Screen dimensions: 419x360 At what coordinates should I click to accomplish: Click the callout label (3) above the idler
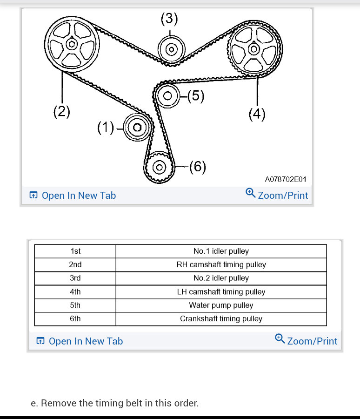click(x=169, y=19)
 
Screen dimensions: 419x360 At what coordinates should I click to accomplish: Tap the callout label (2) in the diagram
click(x=61, y=112)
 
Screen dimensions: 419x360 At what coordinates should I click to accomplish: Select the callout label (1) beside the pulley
click(x=106, y=127)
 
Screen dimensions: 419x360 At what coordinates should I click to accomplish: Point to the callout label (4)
click(x=257, y=114)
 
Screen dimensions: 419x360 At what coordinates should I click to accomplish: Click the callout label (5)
click(x=195, y=96)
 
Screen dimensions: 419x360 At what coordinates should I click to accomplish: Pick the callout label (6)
click(x=197, y=166)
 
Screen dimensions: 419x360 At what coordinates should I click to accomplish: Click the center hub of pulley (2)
click(x=72, y=44)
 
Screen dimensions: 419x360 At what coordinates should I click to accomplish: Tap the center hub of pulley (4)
click(x=253, y=48)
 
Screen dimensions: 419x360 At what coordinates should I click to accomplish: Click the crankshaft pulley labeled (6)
click(x=159, y=166)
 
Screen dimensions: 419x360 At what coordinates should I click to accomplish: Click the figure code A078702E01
click(x=286, y=179)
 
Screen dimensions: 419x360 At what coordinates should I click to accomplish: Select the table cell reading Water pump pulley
click(x=221, y=305)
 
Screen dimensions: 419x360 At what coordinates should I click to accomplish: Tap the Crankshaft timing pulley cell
click(x=221, y=319)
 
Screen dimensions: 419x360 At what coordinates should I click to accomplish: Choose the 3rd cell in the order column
click(x=75, y=278)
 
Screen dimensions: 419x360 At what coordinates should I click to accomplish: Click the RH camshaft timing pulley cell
click(x=221, y=265)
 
